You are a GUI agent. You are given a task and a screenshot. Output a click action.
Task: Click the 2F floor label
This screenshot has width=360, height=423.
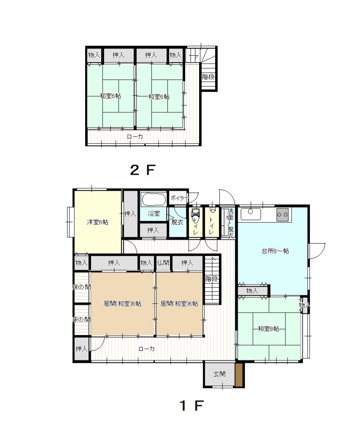[x=142, y=170]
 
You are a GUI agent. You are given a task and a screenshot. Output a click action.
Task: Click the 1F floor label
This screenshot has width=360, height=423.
[x=192, y=405]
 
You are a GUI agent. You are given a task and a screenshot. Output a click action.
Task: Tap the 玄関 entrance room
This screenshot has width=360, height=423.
[x=219, y=374]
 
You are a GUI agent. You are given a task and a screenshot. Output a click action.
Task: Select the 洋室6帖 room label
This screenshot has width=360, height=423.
[x=98, y=222]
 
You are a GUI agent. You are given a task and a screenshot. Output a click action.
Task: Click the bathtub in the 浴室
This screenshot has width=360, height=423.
[x=153, y=200]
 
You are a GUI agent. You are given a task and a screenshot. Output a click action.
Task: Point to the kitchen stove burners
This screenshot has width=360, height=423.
[x=282, y=215]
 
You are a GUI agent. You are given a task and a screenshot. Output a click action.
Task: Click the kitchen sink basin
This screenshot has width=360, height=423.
[x=251, y=214]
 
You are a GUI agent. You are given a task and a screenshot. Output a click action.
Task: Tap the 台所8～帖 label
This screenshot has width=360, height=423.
[x=275, y=251]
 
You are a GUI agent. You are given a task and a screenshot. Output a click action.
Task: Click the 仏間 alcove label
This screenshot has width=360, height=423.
[x=163, y=263]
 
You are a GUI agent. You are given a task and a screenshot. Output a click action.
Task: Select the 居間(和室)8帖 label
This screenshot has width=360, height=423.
[x=122, y=304]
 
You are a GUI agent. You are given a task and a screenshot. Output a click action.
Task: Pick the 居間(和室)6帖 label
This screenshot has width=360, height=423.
[x=179, y=304]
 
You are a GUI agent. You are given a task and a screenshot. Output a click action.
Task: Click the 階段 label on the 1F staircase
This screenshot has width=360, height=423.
[x=211, y=279]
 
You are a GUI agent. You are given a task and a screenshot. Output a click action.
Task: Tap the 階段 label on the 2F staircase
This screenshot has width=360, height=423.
[x=208, y=77]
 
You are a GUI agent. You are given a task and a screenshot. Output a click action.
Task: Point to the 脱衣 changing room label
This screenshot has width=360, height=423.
[x=177, y=222]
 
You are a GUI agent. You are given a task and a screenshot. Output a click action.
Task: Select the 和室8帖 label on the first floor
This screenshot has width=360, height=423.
[x=268, y=329]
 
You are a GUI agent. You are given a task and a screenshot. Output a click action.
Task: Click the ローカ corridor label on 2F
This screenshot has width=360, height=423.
[x=135, y=137]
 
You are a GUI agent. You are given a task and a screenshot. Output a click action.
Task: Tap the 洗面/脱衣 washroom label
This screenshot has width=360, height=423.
[x=231, y=223]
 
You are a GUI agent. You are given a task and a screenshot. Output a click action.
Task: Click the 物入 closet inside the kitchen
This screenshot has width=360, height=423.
[x=253, y=291]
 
